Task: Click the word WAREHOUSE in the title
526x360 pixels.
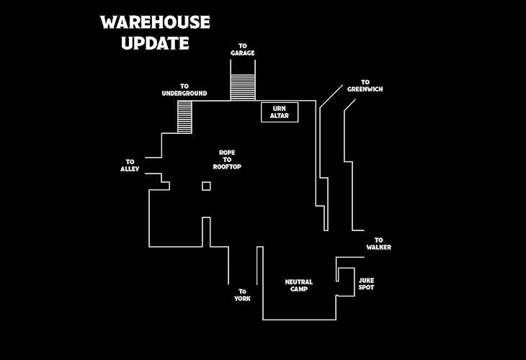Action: click(x=155, y=22)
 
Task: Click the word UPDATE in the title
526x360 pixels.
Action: click(x=155, y=43)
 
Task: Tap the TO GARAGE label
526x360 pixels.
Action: click(x=243, y=49)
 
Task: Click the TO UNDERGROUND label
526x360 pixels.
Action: click(x=184, y=89)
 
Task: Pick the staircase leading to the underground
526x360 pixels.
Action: click(x=184, y=116)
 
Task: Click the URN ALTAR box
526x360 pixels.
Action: click(x=280, y=112)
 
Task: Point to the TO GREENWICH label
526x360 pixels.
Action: click(x=365, y=86)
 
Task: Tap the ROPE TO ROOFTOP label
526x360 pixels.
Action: click(x=227, y=159)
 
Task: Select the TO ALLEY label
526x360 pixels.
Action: click(x=130, y=165)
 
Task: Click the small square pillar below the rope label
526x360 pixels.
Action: click(x=206, y=186)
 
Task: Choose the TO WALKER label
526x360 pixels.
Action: click(x=378, y=243)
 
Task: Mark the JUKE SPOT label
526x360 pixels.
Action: click(x=366, y=284)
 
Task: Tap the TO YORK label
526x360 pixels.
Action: click(x=242, y=294)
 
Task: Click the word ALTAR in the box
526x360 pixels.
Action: click(x=280, y=116)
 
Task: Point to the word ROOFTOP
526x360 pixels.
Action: click(x=227, y=166)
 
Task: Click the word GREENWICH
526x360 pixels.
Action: click(x=365, y=89)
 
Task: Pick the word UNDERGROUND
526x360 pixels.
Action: click(x=184, y=93)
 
